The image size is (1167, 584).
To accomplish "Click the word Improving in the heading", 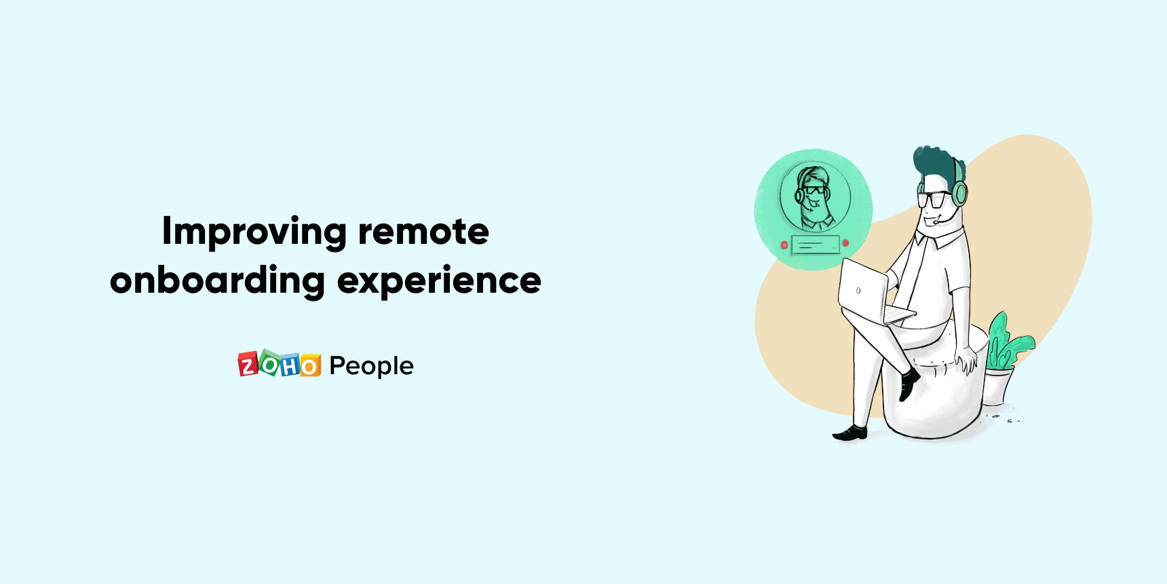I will (x=254, y=232).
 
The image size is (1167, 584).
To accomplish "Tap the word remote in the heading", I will (x=423, y=232).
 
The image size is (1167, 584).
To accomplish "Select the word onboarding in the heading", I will (x=217, y=280).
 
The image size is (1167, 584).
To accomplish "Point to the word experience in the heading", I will (x=439, y=280).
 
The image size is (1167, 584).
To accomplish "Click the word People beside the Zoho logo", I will (x=371, y=366).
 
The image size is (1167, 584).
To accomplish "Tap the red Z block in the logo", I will (x=248, y=365).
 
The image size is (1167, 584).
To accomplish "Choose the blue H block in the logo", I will (x=290, y=366).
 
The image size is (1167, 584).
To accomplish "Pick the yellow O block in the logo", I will (x=309, y=366).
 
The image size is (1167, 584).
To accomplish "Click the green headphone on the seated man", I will (x=959, y=191).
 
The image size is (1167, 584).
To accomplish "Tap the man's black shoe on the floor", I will (x=851, y=433).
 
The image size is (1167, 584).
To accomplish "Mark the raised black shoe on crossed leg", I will (x=908, y=384).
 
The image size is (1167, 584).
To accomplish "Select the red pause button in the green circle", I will (x=784, y=244).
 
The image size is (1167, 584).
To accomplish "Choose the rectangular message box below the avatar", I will (x=816, y=245).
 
